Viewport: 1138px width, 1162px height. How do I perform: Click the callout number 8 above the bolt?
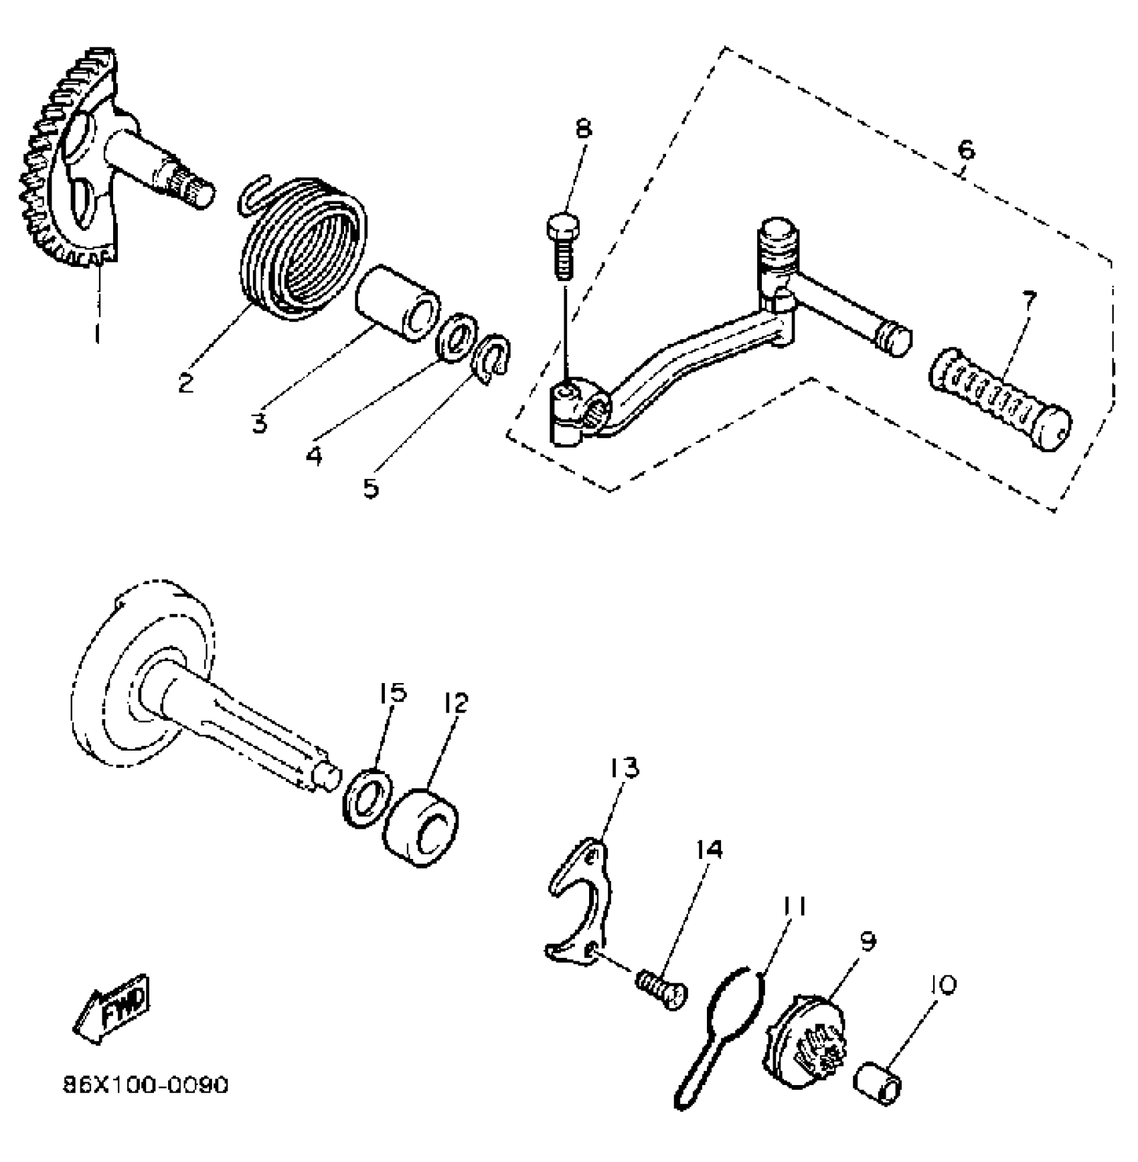click(x=584, y=128)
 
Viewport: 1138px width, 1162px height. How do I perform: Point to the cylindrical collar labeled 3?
click(x=398, y=303)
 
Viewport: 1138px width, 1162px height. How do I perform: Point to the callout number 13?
click(x=625, y=768)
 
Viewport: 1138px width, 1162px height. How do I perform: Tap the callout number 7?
click(x=1028, y=298)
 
